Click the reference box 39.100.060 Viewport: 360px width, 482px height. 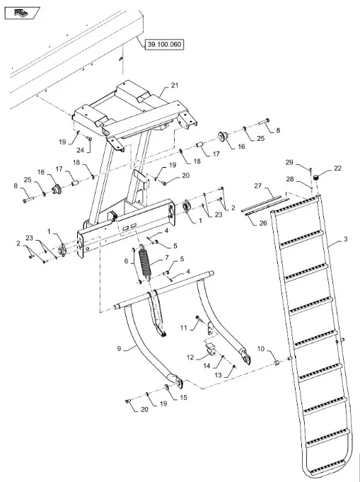pos(164,45)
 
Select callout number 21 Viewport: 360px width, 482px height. pos(175,85)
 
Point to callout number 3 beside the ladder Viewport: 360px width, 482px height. pos(345,239)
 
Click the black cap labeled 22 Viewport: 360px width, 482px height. pos(315,178)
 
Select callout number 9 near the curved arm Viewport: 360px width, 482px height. pos(120,349)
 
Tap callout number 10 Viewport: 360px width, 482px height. pos(261,349)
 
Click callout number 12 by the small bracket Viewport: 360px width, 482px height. pos(190,357)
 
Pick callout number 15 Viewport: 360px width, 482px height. pos(183,398)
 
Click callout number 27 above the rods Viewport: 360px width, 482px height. pos(257,185)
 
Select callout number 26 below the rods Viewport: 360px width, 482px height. pos(263,223)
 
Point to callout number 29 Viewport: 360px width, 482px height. pos(289,162)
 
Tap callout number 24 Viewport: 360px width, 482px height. pos(80,150)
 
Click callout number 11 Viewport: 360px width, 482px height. pos(183,328)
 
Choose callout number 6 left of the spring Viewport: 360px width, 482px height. pos(126,261)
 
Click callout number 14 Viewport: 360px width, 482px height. pos(207,366)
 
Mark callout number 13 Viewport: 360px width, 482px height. pos(218,375)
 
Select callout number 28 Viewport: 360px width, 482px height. pos(290,179)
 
